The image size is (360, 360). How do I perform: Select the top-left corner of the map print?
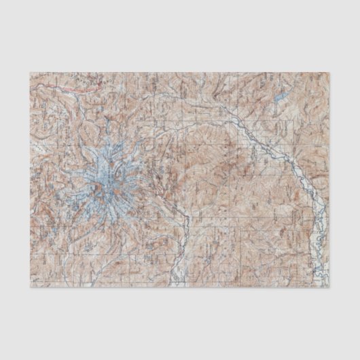click(x=29, y=70)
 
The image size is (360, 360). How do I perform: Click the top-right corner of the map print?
click(x=331, y=70)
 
